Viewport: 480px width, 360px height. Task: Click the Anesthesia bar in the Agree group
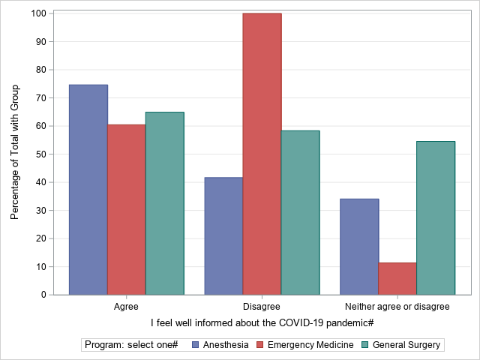(88, 189)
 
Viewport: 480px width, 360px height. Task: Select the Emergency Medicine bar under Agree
(126, 209)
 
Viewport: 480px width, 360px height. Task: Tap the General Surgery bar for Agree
(164, 202)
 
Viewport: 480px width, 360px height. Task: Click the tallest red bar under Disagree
(262, 154)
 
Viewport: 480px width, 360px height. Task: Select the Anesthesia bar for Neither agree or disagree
(359, 246)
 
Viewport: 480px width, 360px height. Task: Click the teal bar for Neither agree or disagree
(436, 217)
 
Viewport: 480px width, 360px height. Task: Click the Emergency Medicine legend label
(310, 345)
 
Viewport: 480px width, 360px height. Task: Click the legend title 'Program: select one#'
(131, 345)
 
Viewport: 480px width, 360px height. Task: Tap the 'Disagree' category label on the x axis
(262, 307)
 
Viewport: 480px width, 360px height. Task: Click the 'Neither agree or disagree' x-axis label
(397, 307)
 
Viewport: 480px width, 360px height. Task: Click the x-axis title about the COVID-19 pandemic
(262, 322)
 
